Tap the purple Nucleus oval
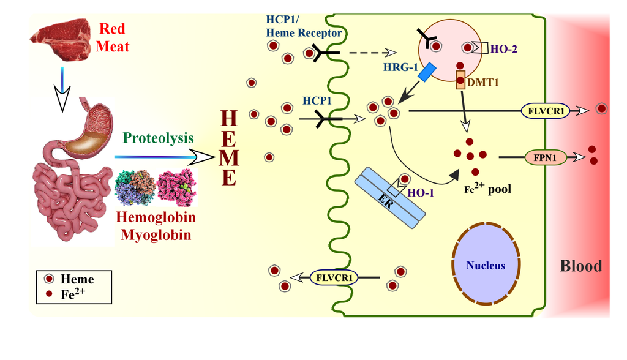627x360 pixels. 485,265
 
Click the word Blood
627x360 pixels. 581,266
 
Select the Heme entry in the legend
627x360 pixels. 73,279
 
